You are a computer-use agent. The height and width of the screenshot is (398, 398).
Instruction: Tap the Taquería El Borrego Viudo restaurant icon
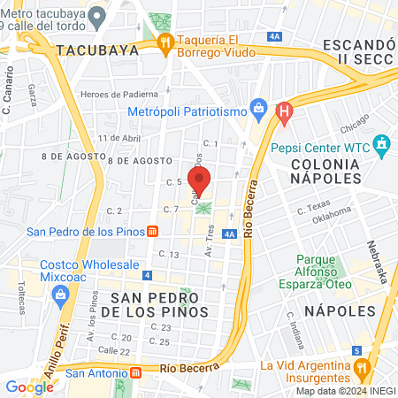click(164, 42)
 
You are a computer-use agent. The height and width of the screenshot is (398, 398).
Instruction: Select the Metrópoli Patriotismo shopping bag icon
click(258, 109)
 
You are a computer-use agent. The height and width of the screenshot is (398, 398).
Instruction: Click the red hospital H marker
click(283, 111)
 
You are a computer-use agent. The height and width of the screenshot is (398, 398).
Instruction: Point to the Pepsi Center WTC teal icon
click(381, 143)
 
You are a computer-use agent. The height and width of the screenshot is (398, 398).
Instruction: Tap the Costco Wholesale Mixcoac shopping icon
click(61, 296)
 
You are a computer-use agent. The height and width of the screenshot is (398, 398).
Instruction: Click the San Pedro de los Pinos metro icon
click(152, 232)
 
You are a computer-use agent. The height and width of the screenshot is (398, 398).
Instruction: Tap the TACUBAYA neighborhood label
click(97, 50)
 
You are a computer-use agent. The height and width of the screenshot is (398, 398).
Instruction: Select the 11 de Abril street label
click(120, 138)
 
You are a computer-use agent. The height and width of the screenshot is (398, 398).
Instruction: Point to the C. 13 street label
click(168, 255)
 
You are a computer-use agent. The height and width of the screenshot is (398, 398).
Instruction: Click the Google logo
click(29, 387)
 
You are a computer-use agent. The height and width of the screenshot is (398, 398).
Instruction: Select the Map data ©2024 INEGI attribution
click(343, 391)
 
